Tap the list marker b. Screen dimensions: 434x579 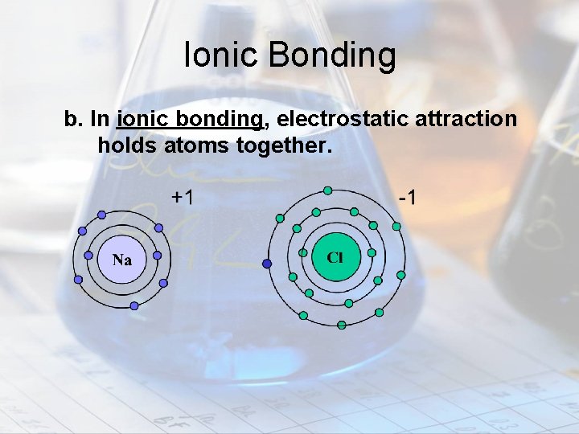point(74,121)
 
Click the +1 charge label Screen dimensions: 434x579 point(182,197)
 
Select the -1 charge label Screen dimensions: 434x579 point(408,197)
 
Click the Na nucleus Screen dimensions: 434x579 point(122,260)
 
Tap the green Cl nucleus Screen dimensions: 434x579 point(336,257)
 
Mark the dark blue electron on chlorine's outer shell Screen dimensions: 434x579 point(267,263)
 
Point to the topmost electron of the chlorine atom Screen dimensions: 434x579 point(327,190)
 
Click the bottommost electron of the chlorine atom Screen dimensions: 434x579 point(342,325)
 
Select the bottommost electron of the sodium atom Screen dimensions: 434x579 point(134,305)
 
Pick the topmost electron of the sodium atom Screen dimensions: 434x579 point(101,215)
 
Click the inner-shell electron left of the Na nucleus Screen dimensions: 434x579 point(88,254)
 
